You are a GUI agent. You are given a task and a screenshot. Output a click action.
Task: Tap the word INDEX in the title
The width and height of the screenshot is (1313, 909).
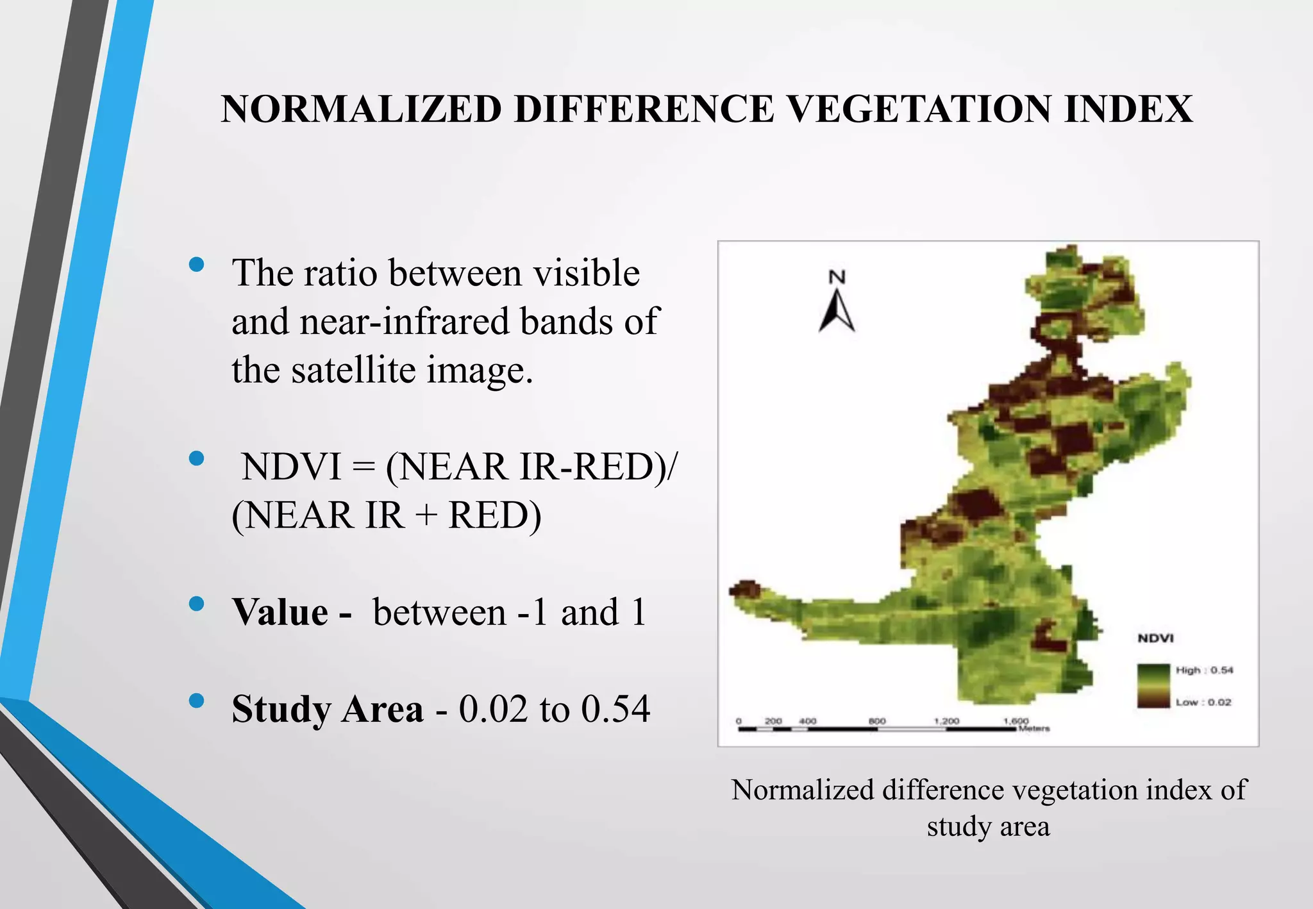coord(1128,109)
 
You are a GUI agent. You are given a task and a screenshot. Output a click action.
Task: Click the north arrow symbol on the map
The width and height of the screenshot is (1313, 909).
coord(837,312)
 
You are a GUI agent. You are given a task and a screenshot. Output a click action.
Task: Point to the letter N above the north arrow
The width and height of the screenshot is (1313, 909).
coord(837,277)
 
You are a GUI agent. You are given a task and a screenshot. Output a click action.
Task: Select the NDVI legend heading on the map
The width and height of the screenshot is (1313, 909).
coord(1155,638)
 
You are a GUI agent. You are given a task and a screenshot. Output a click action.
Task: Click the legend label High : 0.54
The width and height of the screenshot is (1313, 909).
coord(1204,670)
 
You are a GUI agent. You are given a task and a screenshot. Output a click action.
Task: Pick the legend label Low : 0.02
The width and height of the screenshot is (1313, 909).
coord(1203,702)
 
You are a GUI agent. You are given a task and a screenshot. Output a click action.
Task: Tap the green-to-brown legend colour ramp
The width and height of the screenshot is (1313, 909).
coord(1153,686)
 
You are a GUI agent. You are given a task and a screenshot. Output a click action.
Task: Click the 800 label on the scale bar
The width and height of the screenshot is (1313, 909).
coord(876,721)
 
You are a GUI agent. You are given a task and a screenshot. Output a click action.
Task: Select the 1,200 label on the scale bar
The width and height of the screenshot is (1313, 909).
coord(946,721)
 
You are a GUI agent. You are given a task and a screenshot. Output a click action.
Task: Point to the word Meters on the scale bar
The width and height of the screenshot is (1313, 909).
coord(1034,728)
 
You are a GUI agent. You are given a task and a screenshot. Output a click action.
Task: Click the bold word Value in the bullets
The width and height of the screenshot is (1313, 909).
coord(280,612)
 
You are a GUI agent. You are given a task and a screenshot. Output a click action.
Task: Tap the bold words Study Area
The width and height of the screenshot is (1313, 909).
coord(327,709)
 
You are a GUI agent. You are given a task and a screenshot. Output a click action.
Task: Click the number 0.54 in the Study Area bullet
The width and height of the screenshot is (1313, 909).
coord(615,709)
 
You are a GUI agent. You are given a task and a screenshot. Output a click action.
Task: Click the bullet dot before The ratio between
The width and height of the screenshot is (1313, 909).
coord(197,264)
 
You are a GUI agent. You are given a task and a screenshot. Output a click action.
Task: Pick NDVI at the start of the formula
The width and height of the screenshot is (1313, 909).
coord(292,467)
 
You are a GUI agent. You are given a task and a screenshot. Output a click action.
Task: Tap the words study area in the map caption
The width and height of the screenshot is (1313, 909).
coord(988,826)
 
